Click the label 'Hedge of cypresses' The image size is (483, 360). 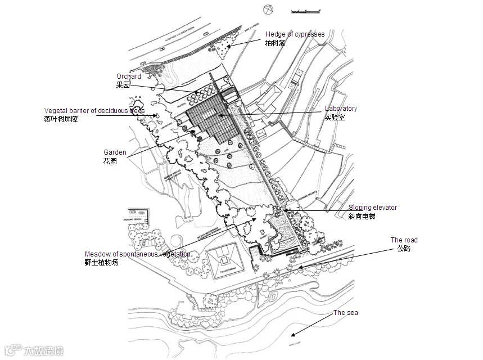[x=295, y=34]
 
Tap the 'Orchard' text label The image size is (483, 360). [x=129, y=76]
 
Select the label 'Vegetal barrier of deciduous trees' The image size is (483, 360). [x=94, y=111]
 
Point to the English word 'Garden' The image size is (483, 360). [x=115, y=152]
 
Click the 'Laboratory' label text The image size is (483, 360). [x=341, y=109]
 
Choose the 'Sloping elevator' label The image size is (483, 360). [x=372, y=208]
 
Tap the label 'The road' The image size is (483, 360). [x=404, y=240]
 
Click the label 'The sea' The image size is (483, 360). [x=345, y=313]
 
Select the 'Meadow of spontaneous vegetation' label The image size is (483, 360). [x=138, y=254]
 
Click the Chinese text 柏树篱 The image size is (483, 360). [x=275, y=43]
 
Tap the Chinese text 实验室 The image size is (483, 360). [x=335, y=118]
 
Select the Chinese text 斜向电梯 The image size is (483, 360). [x=361, y=216]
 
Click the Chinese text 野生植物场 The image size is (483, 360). [x=102, y=263]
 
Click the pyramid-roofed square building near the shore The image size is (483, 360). [x=226, y=260]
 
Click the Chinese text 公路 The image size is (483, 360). [x=404, y=249]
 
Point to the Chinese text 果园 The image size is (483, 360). [x=123, y=85]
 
